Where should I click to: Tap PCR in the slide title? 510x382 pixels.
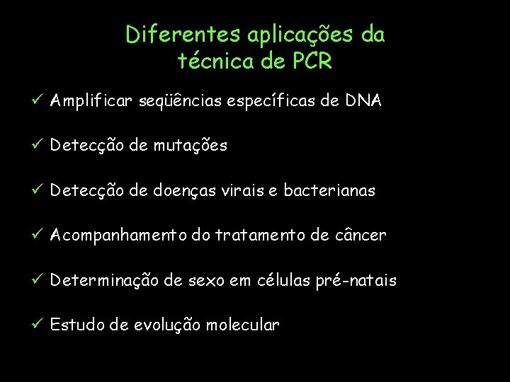click(310, 62)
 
